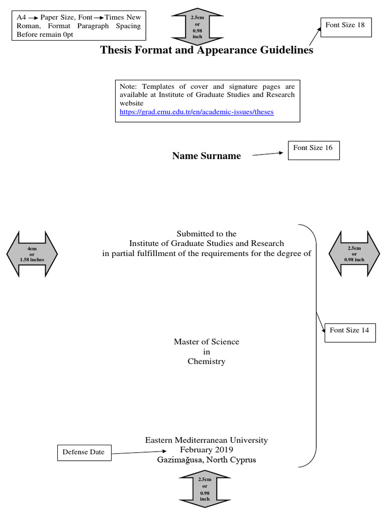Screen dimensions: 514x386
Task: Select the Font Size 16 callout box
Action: tap(313, 149)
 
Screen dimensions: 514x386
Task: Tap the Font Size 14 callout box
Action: tap(350, 331)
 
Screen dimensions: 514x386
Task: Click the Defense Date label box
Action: tap(83, 452)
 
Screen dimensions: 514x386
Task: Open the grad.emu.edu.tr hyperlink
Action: tap(197, 112)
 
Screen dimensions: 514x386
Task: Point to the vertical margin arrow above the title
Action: tap(197, 28)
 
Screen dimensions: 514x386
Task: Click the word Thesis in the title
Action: tap(117, 50)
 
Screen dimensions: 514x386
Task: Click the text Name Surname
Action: tap(206, 156)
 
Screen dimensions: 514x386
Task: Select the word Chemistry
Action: tap(206, 361)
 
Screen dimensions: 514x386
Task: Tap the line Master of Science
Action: tap(206, 342)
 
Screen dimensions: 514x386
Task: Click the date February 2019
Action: tap(206, 450)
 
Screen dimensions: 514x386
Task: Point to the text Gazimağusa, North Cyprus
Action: tap(206, 460)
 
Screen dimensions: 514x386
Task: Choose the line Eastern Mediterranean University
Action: tap(206, 440)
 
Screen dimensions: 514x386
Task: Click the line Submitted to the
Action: tap(206, 234)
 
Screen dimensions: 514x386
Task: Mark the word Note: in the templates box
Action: tap(128, 86)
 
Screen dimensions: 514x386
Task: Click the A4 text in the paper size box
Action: tap(21, 18)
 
